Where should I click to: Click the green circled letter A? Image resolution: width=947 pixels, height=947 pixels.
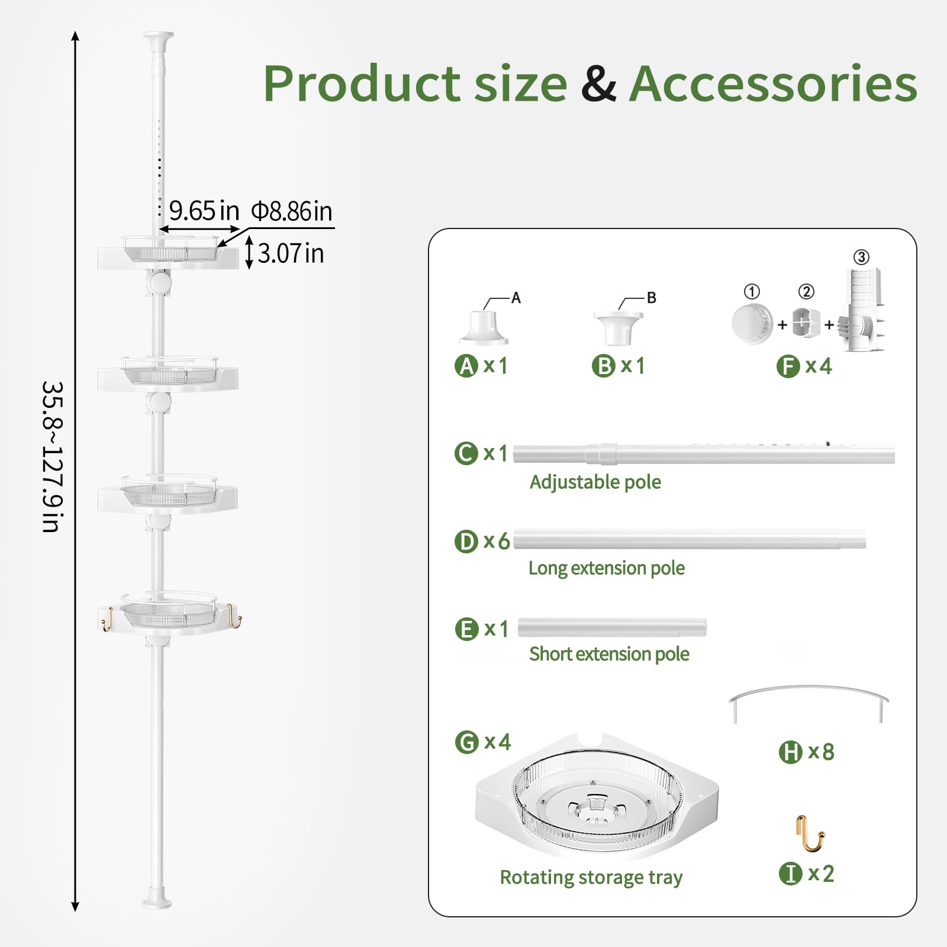[466, 366]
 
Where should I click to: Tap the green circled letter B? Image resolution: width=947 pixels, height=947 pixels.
[603, 366]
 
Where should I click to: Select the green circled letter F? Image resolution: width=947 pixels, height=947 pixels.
[788, 367]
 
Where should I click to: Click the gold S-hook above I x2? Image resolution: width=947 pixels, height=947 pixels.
[809, 833]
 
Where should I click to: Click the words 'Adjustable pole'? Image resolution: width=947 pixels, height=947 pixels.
[595, 482]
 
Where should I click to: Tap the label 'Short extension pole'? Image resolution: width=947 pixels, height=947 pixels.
[609, 654]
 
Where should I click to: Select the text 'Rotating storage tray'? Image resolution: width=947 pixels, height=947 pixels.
[591, 877]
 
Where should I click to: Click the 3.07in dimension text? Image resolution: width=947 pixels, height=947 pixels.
[291, 253]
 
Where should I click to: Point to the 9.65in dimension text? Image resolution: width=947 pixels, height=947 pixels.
[204, 211]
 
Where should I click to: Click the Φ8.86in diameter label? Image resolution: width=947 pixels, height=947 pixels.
[292, 211]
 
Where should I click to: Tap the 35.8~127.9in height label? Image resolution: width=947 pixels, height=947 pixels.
[53, 456]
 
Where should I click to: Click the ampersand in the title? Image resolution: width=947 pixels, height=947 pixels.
[598, 83]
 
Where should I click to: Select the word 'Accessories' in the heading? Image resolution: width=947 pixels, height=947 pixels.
[773, 83]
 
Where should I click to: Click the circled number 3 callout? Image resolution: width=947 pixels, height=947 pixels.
[861, 257]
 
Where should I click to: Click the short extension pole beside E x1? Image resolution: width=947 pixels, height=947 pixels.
[612, 627]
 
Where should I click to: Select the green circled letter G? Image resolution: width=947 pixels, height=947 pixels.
[466, 742]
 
